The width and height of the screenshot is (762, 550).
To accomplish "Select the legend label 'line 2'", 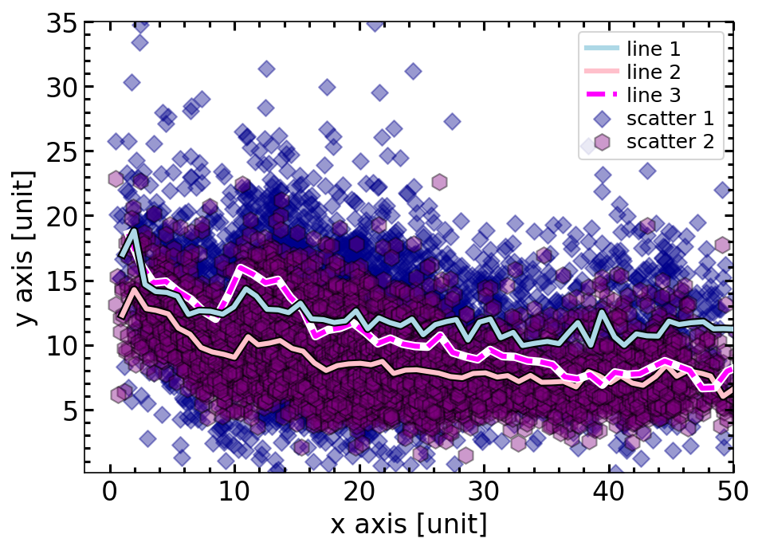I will click(654, 72).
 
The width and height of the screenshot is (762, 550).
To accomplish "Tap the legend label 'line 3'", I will click(654, 96).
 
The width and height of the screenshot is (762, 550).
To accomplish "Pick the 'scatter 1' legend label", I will click(670, 119).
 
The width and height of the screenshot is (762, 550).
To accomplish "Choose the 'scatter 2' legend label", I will click(670, 143).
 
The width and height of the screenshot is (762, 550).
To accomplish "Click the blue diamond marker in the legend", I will click(602, 119).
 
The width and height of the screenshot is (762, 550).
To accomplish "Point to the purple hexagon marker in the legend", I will click(602, 143).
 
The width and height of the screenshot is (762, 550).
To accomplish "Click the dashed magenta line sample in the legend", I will click(602, 96).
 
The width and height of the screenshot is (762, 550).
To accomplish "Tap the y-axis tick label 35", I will click(61, 24).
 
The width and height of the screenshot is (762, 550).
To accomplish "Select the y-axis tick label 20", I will click(61, 217).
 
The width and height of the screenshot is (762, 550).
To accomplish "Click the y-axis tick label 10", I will click(61, 347).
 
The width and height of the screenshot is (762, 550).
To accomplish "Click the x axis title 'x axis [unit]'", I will click(409, 527).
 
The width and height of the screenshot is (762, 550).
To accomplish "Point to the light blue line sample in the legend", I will click(602, 49).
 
